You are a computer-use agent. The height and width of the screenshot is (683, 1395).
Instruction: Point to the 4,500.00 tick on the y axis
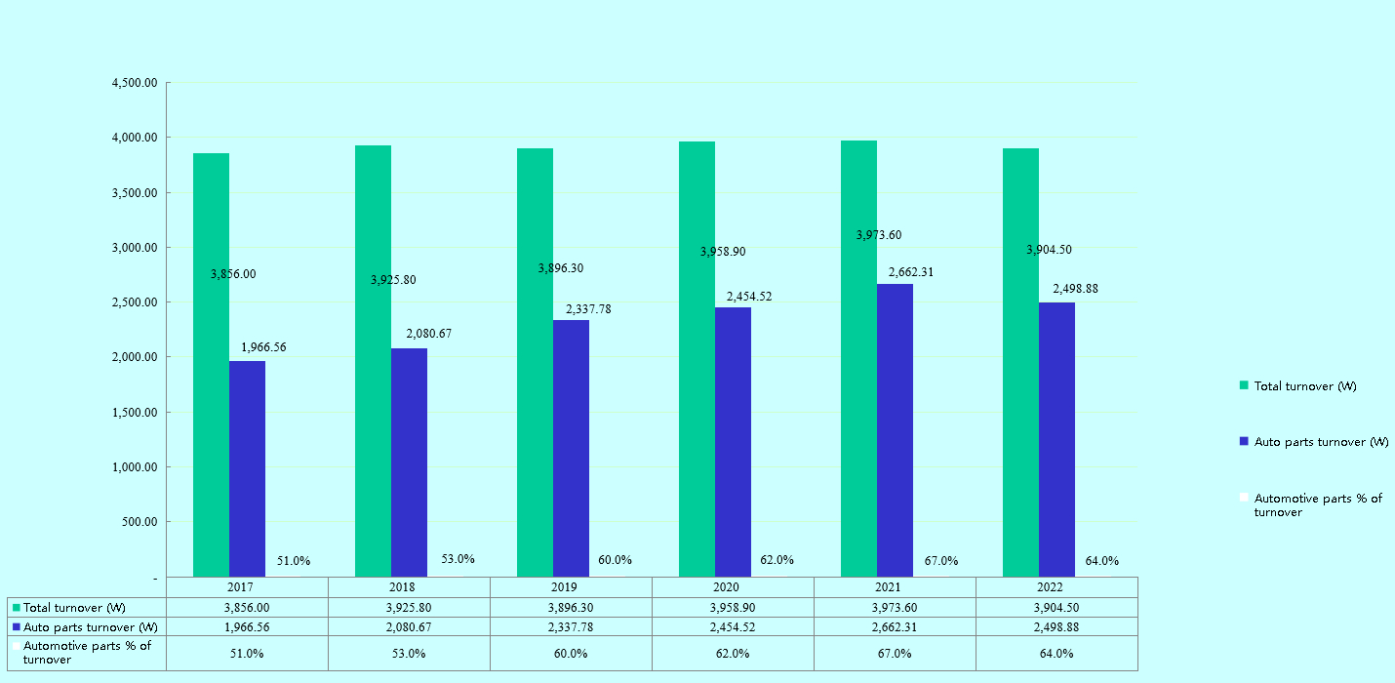pyautogui.click(x=136, y=83)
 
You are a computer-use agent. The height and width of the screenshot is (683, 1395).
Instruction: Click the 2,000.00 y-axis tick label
pyautogui.click(x=136, y=357)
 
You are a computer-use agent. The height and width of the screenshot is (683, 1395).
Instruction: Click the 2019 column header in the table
pyautogui.click(x=571, y=587)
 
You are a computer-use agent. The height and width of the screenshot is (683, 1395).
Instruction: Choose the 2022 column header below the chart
pyautogui.click(x=1056, y=587)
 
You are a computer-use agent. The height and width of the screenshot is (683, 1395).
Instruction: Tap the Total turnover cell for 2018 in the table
pyautogui.click(x=409, y=608)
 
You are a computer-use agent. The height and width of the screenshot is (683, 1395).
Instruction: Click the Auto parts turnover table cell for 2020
pyautogui.click(x=733, y=627)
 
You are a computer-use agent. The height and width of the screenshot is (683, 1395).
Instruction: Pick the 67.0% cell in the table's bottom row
pyautogui.click(x=895, y=654)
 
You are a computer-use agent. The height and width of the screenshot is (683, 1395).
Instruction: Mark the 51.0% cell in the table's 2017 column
pyautogui.click(x=247, y=654)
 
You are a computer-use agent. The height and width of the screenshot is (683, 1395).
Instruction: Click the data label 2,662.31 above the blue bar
pyautogui.click(x=910, y=272)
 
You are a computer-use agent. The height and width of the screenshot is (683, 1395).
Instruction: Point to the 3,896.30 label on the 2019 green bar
pyautogui.click(x=561, y=268)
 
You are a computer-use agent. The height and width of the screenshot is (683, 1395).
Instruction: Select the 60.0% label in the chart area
pyautogui.click(x=615, y=560)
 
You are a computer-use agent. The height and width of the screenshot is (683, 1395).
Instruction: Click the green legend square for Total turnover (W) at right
pyautogui.click(x=1244, y=385)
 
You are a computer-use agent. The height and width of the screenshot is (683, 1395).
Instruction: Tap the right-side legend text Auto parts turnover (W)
pyautogui.click(x=1321, y=442)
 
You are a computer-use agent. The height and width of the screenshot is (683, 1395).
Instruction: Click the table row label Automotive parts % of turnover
pyautogui.click(x=87, y=653)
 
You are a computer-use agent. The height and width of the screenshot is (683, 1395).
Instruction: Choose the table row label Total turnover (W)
pyautogui.click(x=74, y=608)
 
